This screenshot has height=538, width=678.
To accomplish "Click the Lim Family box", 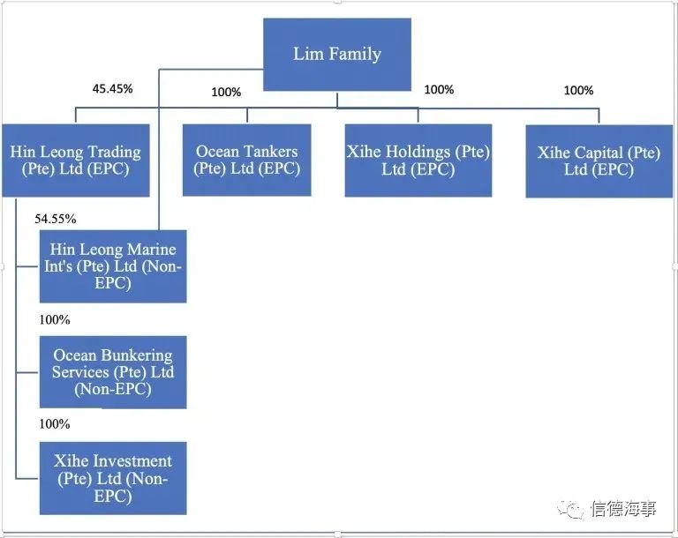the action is pos(337,55).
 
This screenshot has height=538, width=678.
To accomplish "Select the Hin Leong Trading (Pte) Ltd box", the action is pos(76,161).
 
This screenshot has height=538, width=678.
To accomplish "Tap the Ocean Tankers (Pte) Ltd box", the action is pos(247,160).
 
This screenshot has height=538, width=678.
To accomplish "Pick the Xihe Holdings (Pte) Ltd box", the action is pos(418,161).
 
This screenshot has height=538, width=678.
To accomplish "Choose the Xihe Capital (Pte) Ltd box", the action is pos(599,161).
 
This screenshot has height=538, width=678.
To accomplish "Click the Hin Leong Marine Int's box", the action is pos(113,266).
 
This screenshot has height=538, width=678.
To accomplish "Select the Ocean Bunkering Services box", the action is pos(113,372).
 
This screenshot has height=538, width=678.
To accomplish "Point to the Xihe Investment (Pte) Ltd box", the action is pos(113,478).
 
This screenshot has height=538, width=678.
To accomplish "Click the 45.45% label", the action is pos(112,88).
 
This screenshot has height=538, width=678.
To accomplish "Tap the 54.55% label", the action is pos(56,219).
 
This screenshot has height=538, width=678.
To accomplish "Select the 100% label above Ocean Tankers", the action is pos(226,92).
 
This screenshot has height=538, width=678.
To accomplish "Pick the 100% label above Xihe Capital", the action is pos(578,90).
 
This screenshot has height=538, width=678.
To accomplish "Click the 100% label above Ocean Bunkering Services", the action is pos(55,320).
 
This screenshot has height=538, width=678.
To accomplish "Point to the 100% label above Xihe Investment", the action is pos(55,424).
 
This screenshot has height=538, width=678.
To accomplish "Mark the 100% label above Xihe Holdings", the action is pos(439,89).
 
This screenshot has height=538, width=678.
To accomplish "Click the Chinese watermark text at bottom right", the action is pos(624,509).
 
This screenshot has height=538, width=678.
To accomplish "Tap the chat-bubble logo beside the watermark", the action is pos(570,509).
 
